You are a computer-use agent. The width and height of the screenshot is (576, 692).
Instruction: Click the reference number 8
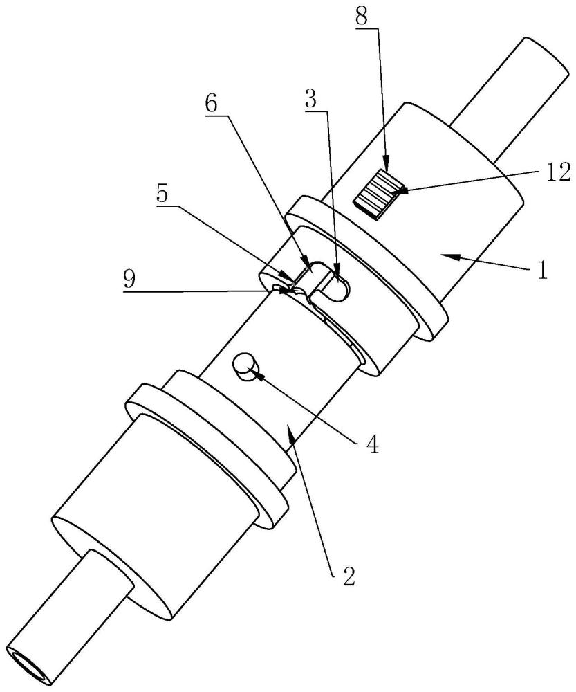pyautogui.click(x=362, y=17)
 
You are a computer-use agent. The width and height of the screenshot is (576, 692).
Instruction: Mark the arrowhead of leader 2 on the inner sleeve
pyautogui.click(x=289, y=430)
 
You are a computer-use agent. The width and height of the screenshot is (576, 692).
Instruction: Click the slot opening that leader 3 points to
pyautogui.click(x=339, y=285)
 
